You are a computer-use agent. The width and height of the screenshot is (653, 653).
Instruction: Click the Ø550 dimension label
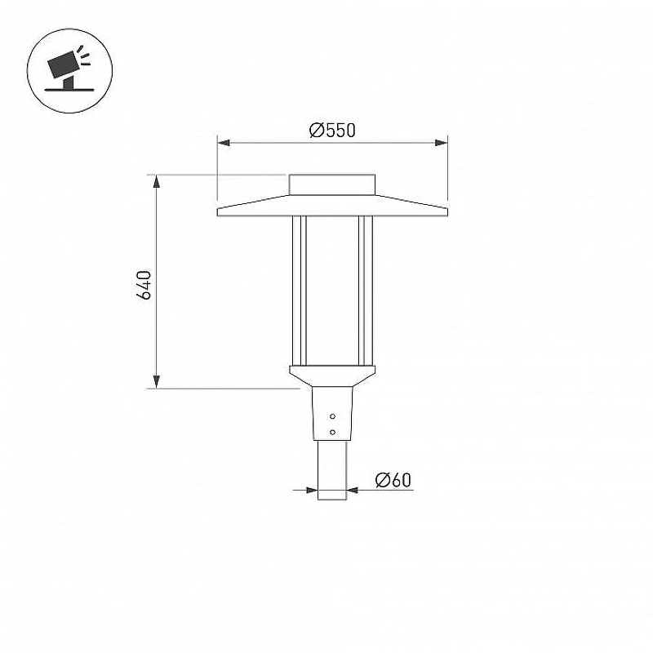pos(332,131)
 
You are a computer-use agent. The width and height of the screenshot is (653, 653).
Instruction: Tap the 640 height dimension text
pos(144,285)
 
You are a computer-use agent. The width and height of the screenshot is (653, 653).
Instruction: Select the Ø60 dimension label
pos(393,480)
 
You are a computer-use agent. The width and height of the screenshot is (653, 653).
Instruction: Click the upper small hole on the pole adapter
pos(332,416)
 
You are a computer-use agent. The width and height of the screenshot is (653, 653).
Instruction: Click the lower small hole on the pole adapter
pos(332,432)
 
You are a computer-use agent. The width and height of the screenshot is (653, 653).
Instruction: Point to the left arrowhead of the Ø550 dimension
pos(223,143)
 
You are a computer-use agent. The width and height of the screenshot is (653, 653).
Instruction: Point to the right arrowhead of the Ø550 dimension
pos(442,143)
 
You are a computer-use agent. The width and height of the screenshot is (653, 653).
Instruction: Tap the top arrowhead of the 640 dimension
pos(157,181)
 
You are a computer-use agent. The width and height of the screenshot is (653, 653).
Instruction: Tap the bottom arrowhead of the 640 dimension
pos(157,381)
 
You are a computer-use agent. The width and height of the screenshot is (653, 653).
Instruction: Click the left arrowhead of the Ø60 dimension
pos(312,490)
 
